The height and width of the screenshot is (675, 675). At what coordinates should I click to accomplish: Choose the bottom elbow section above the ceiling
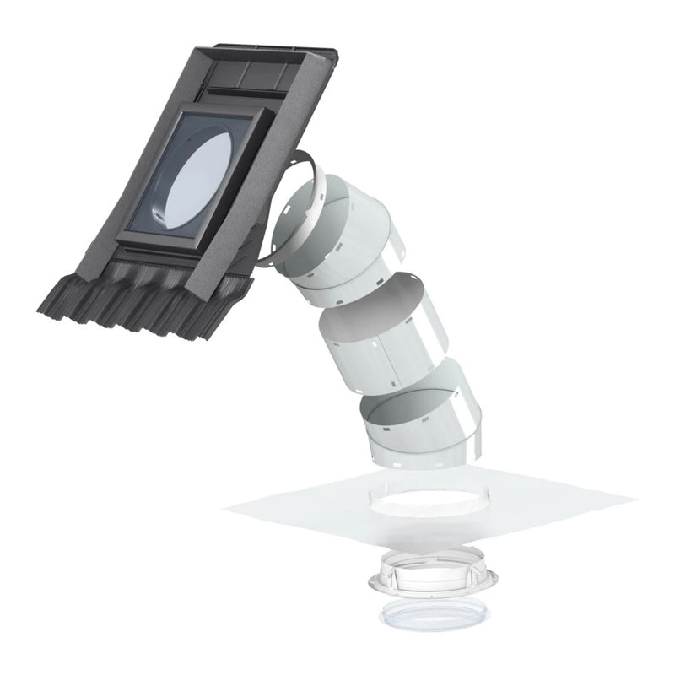click(422, 422)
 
